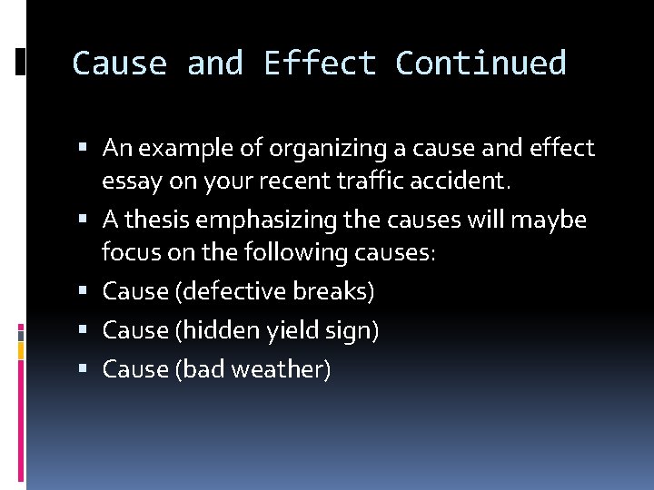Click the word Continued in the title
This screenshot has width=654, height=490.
point(481,64)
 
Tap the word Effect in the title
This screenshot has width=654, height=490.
point(320,64)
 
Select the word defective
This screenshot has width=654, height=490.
point(234,291)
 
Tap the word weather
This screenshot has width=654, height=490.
point(284,369)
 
